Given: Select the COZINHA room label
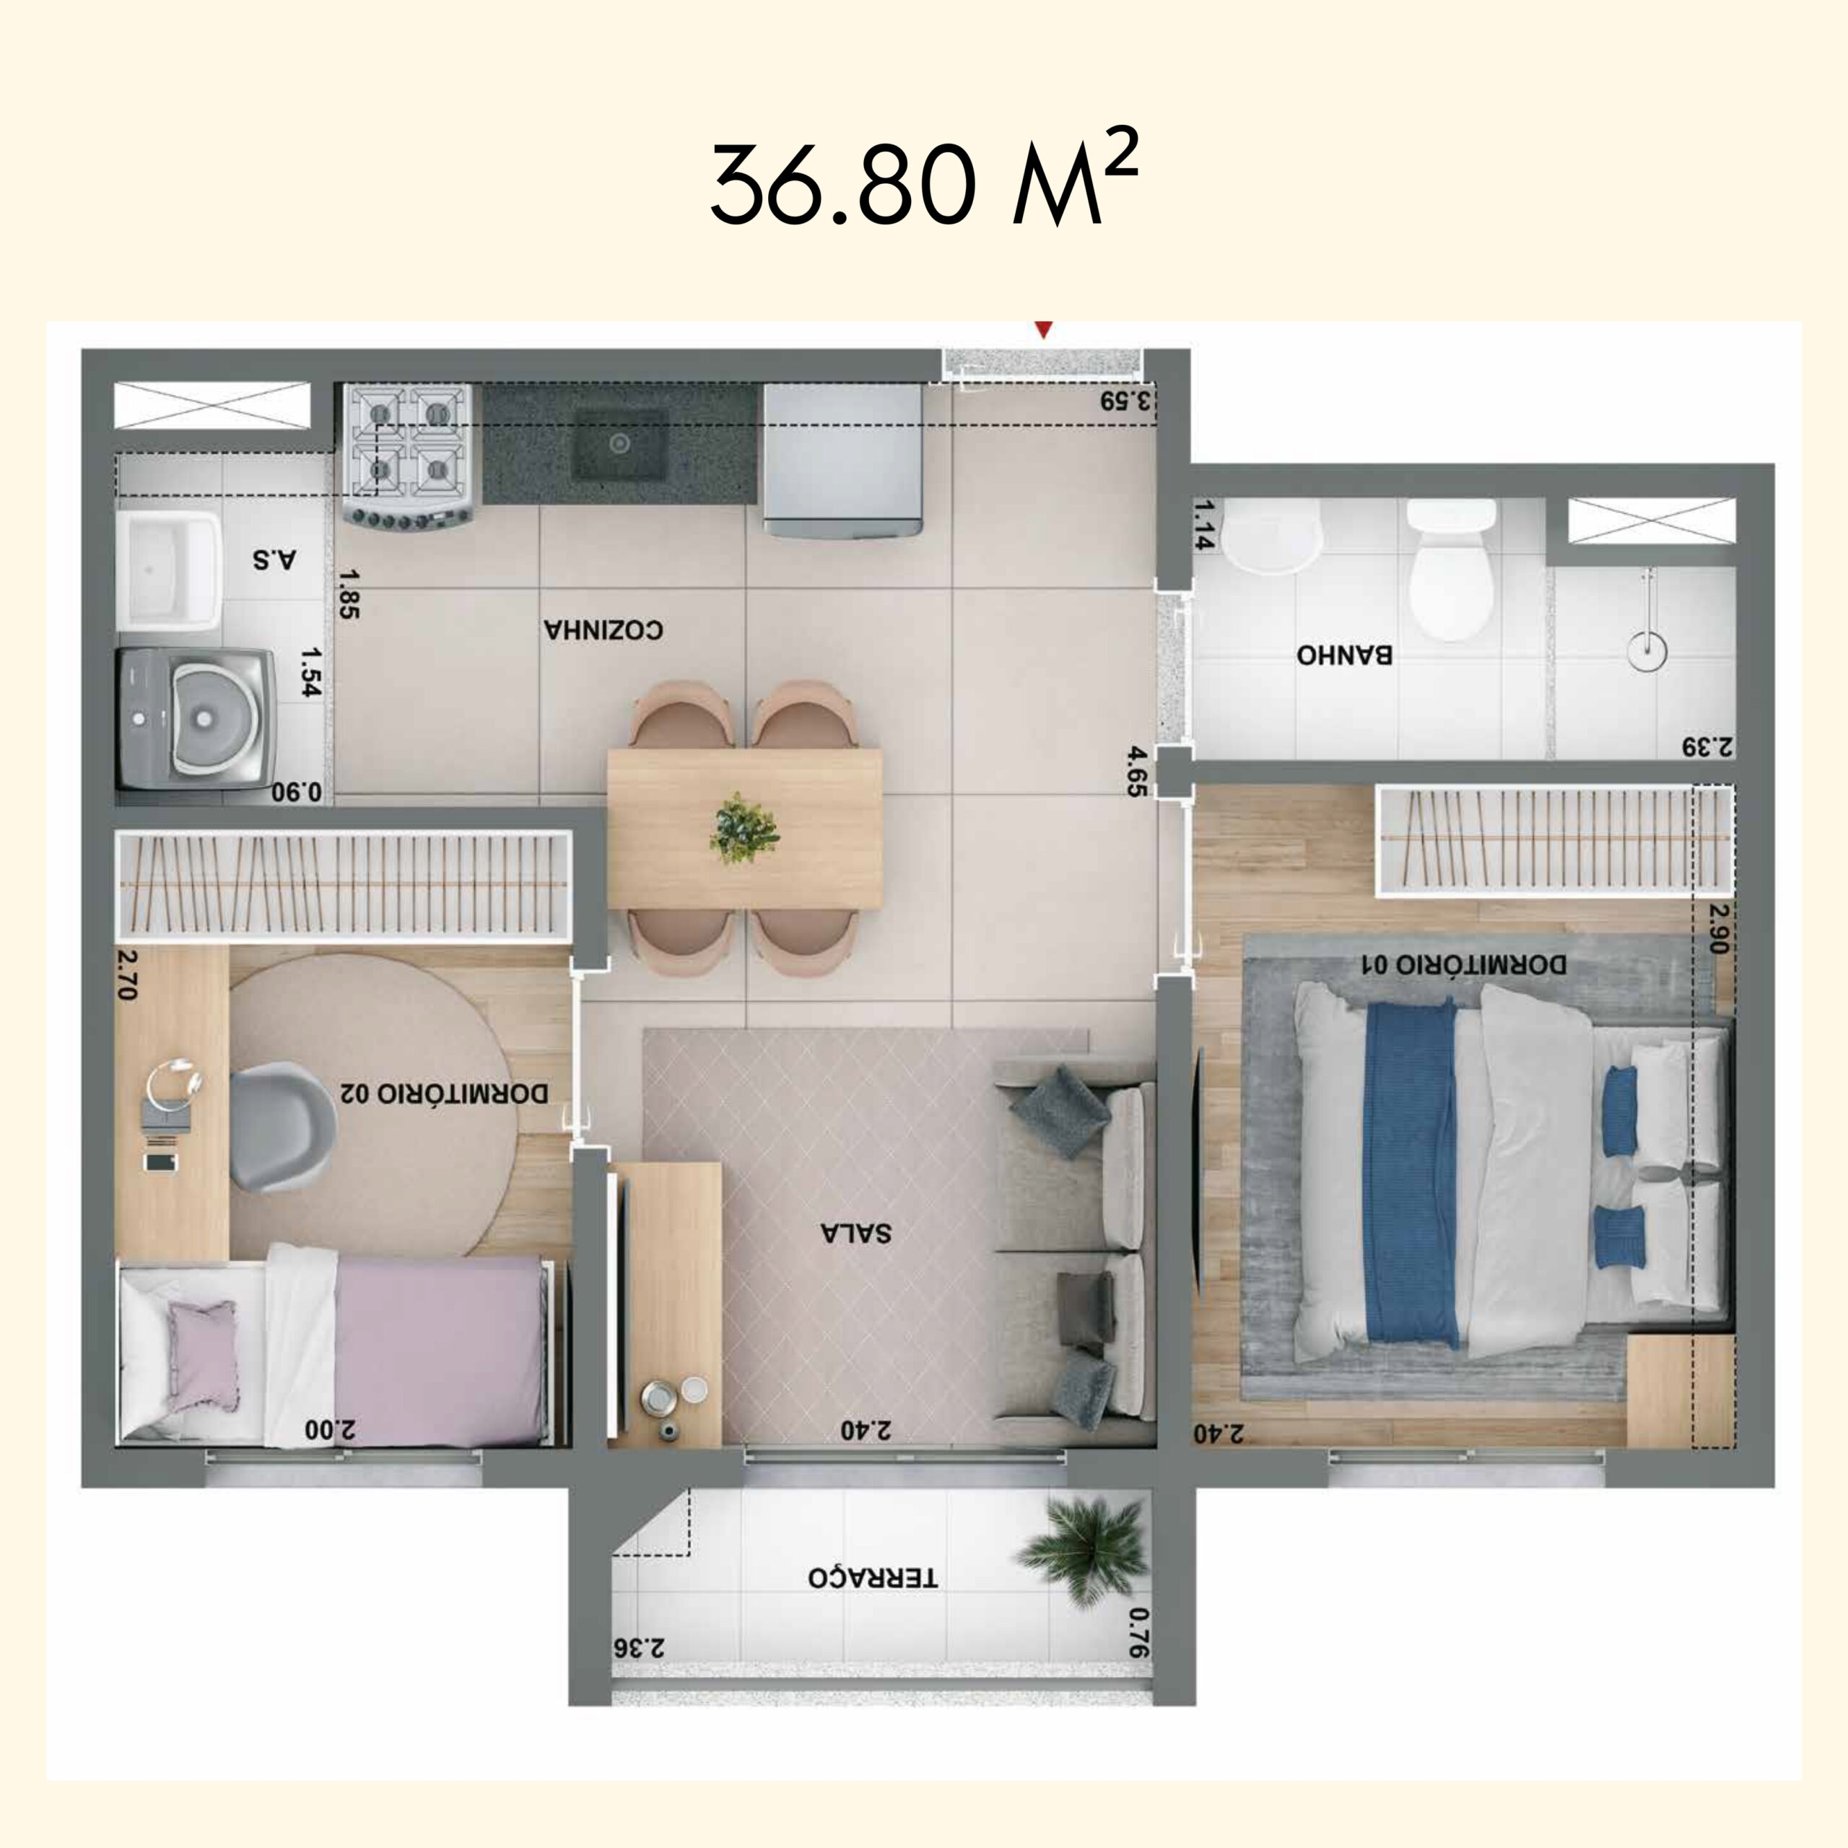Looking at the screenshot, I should point(603,629).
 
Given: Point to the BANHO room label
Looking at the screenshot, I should point(1344,655).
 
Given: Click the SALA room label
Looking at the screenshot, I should point(855,1232).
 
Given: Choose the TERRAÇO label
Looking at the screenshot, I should point(872,1577).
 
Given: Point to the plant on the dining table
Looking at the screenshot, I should point(744,827).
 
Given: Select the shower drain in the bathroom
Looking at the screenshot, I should point(1647,650).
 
